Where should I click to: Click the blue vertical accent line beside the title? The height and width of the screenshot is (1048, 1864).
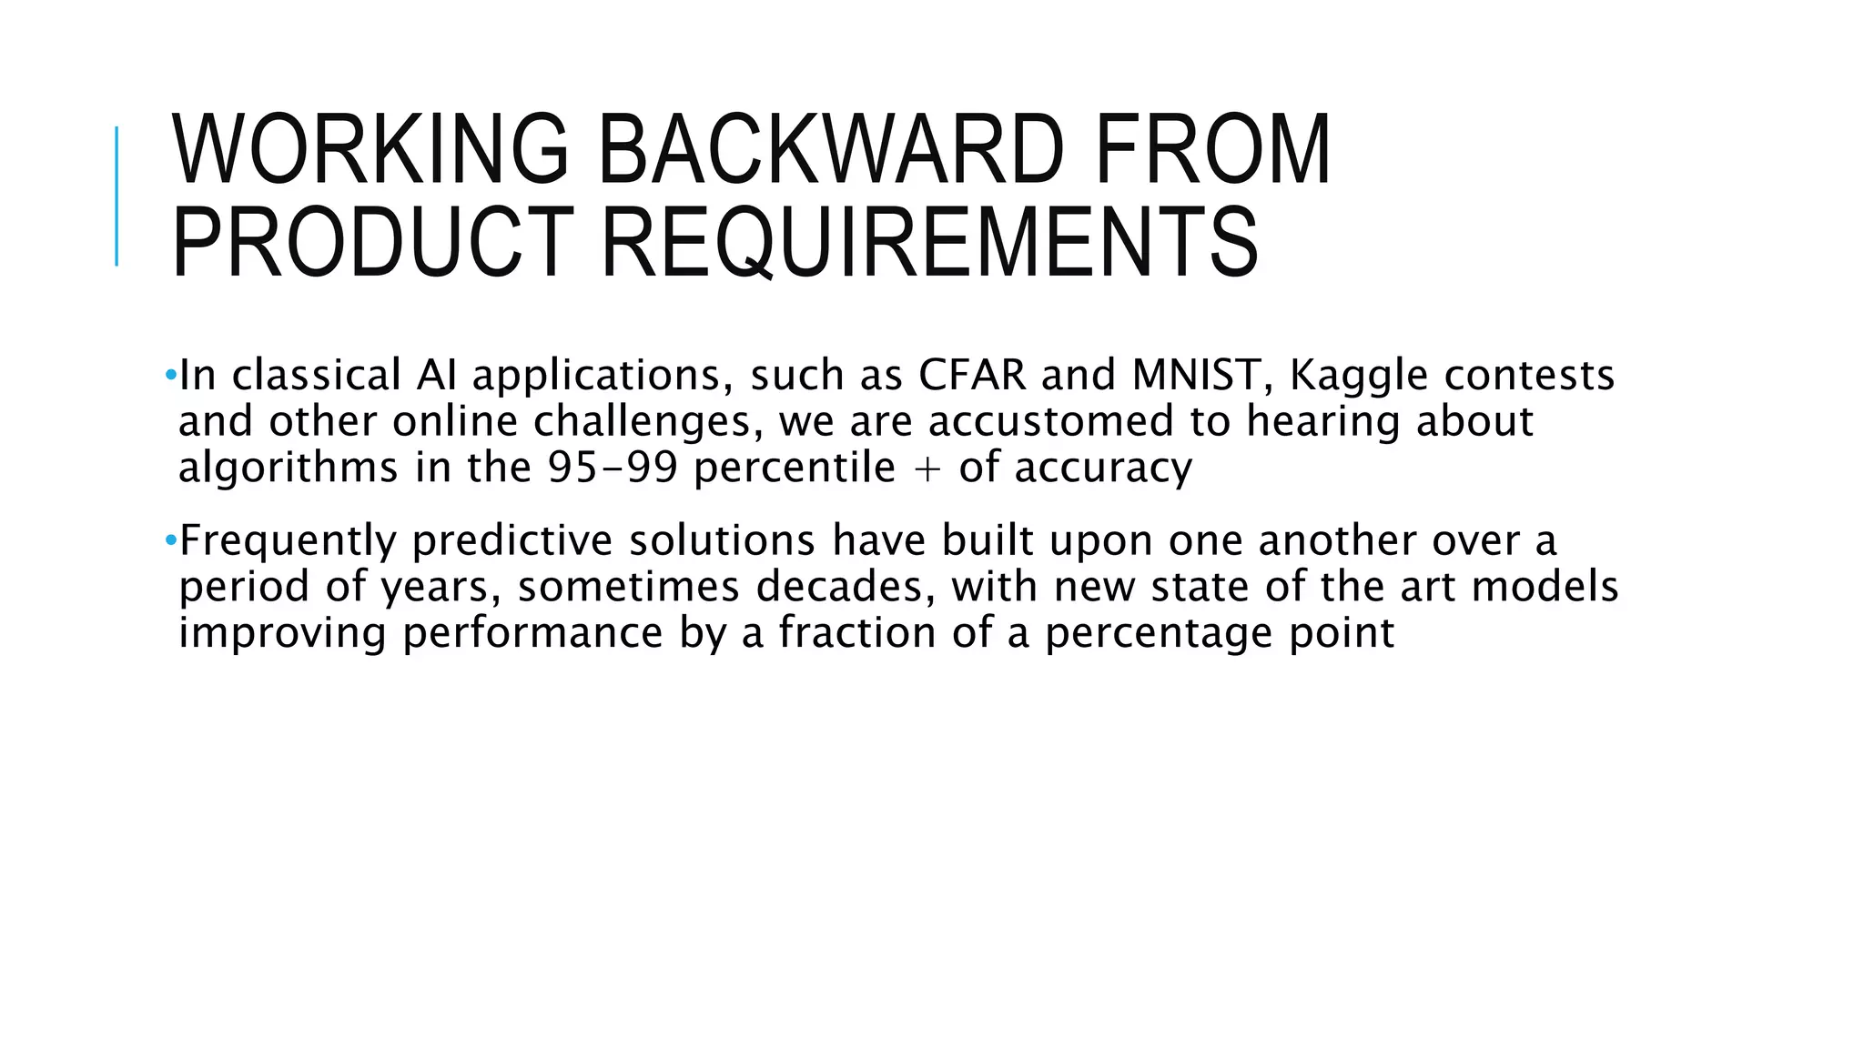(x=116, y=196)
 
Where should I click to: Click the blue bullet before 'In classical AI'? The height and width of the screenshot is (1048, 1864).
(x=171, y=375)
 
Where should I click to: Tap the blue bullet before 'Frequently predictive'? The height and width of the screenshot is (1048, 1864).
(x=171, y=540)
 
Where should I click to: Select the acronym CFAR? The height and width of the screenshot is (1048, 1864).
(x=972, y=375)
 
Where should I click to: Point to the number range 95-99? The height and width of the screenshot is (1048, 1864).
(x=613, y=468)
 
